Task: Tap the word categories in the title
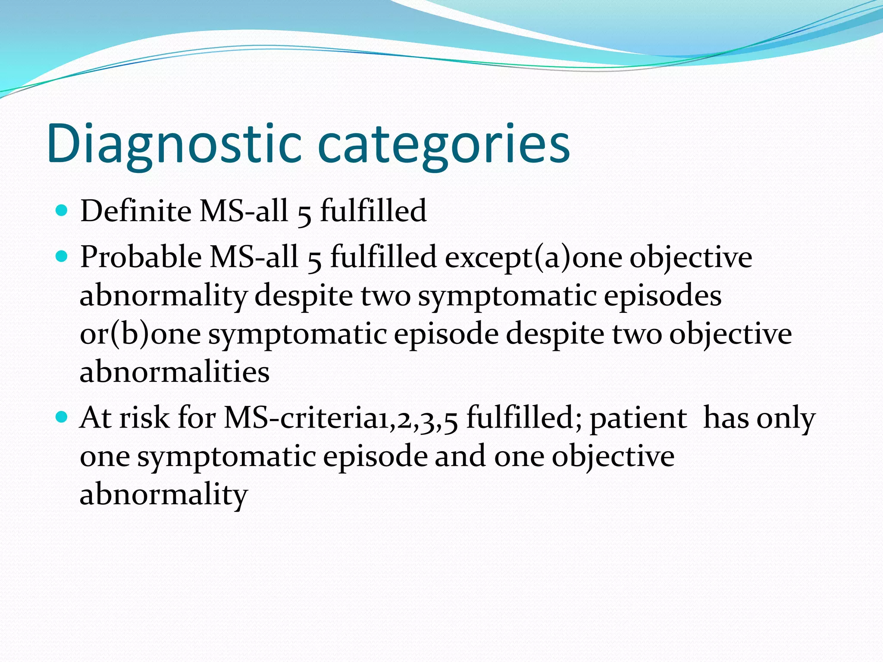click(x=444, y=144)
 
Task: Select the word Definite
click(x=136, y=211)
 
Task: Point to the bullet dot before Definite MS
click(x=62, y=211)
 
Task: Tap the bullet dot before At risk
click(x=62, y=417)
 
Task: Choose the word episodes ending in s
click(x=662, y=296)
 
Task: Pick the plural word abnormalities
click(x=175, y=372)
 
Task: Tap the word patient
click(x=638, y=418)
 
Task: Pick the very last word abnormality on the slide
click(x=164, y=494)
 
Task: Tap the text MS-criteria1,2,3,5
click(x=341, y=418)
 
